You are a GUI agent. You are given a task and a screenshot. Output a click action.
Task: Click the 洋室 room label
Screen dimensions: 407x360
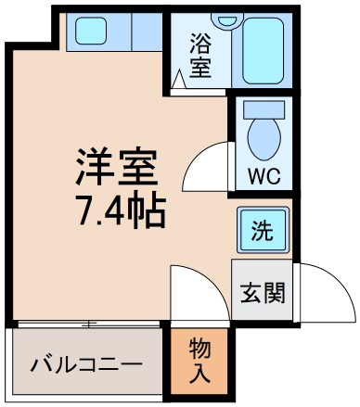point(117,168)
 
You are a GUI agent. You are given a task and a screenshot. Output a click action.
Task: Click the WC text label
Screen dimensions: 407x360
point(262,174)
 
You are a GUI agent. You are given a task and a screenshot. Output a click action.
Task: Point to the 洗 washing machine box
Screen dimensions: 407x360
point(264,229)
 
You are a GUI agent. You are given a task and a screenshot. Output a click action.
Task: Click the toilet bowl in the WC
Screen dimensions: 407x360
point(263,137)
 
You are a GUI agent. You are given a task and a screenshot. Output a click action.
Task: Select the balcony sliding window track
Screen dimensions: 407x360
point(88,324)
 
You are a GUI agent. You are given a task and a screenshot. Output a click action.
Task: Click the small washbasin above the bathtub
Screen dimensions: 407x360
point(225,19)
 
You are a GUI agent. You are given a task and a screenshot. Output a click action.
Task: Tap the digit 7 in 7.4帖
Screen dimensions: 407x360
point(85,211)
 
